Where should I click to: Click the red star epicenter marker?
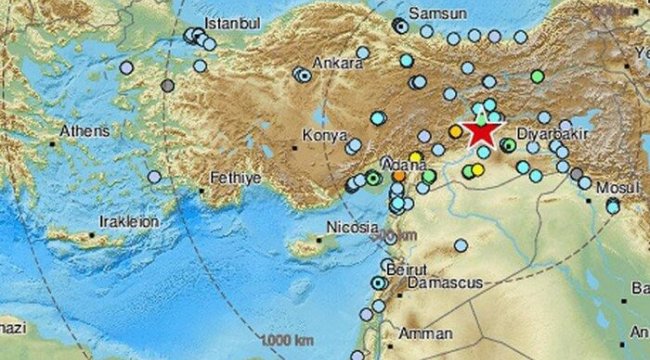click(x=482, y=131)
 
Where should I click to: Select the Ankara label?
click(x=337, y=63)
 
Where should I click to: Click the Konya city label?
click(x=323, y=138)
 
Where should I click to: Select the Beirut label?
click(x=406, y=271)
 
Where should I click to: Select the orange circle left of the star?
click(x=456, y=131)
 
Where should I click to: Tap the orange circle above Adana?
click(x=399, y=175)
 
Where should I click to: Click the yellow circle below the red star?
click(x=478, y=170)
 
